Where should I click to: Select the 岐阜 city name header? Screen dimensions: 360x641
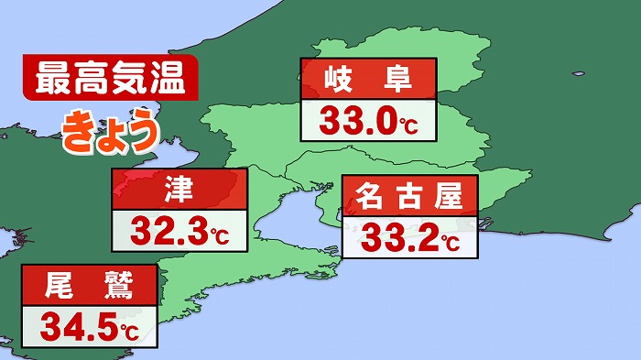point(367,80)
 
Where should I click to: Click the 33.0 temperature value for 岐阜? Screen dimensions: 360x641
point(358,120)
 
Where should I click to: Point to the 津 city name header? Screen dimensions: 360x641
point(178,191)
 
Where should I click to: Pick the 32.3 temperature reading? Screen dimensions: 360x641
point(170,231)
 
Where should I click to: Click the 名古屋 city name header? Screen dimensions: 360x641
point(409,196)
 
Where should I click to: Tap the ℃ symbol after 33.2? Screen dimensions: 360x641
point(451,243)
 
